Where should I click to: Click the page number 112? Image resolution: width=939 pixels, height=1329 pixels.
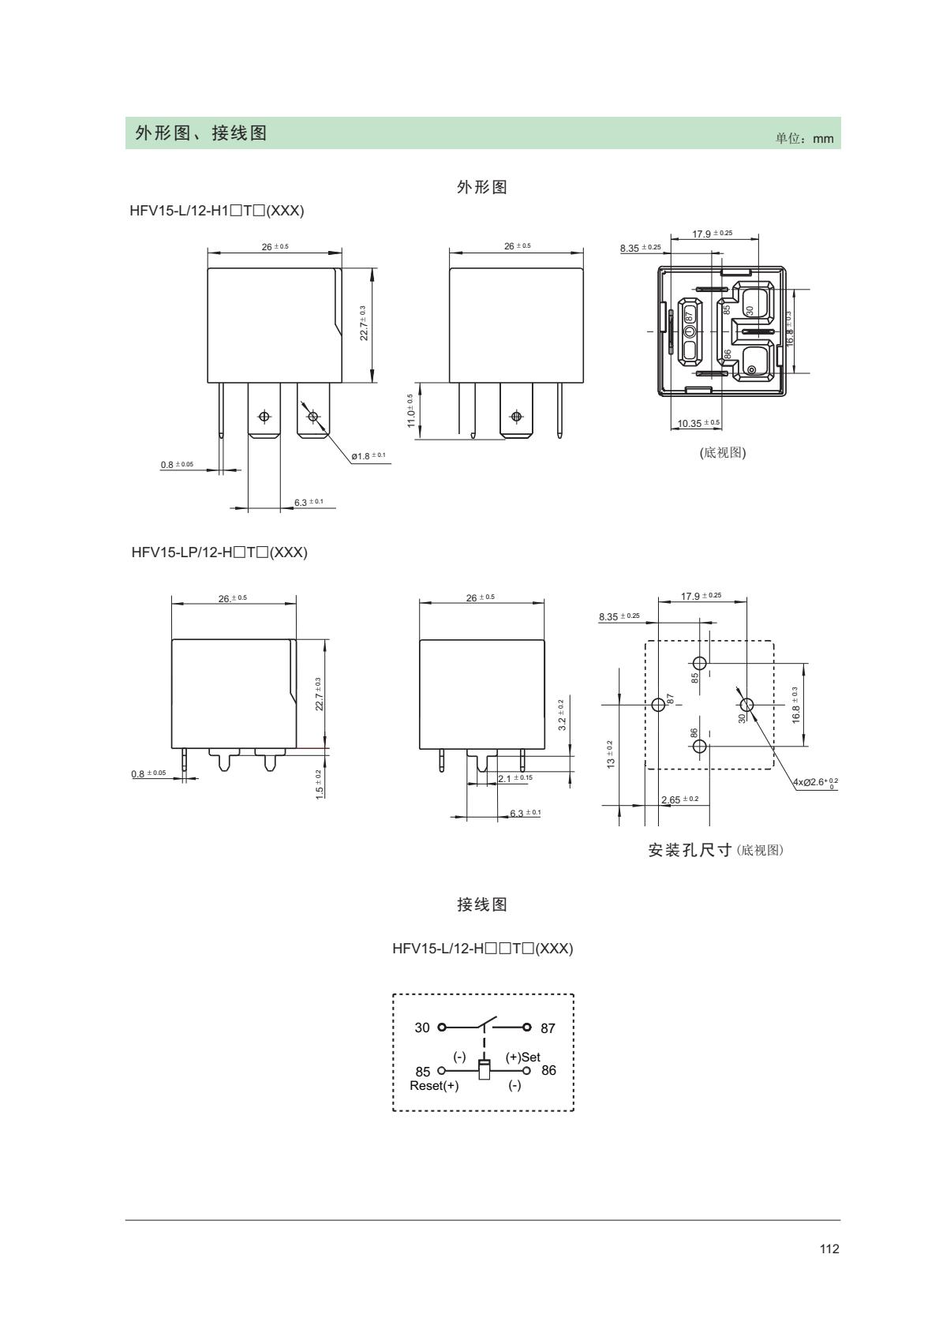pyautogui.click(x=829, y=1271)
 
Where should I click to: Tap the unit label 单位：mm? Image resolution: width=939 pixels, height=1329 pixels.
pyautogui.click(x=804, y=138)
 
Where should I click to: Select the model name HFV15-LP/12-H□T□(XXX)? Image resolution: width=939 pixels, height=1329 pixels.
pyautogui.click(x=219, y=552)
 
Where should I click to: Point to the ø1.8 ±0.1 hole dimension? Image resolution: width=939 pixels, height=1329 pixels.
pyautogui.click(x=368, y=455)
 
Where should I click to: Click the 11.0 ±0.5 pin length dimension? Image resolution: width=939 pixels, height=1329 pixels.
pyautogui.click(x=411, y=410)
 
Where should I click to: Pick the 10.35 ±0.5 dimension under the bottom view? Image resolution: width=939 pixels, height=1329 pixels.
pyautogui.click(x=698, y=423)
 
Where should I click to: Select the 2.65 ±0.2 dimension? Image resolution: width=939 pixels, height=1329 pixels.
pyautogui.click(x=679, y=799)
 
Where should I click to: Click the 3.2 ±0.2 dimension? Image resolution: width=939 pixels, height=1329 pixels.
pyautogui.click(x=561, y=714)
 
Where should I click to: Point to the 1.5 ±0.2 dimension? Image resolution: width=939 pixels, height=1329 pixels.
pyautogui.click(x=319, y=784)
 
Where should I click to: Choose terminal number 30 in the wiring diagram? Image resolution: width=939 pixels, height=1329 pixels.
pyautogui.click(x=422, y=1028)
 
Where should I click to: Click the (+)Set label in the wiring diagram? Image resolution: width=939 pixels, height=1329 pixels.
pyautogui.click(x=522, y=1057)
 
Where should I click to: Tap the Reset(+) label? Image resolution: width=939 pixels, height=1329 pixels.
pyautogui.click(x=434, y=1085)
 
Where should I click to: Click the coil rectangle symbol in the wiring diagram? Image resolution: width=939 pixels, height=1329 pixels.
pyautogui.click(x=484, y=1069)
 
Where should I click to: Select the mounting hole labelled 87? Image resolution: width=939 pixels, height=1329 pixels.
pyautogui.click(x=660, y=704)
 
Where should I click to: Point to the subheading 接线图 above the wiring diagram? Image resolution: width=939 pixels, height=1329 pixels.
pyautogui.click(x=482, y=904)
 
